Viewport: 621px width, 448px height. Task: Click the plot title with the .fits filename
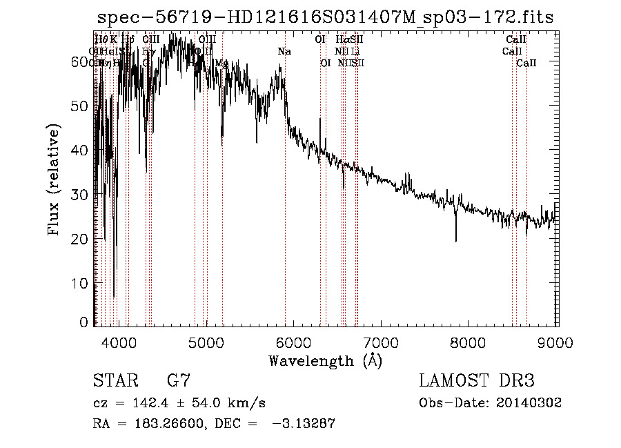pyautogui.click(x=325, y=18)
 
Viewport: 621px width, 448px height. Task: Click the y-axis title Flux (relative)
pyautogui.click(x=54, y=179)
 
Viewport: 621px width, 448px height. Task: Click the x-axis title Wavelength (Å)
pyautogui.click(x=325, y=360)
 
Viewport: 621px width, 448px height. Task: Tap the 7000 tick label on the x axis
pyautogui.click(x=381, y=343)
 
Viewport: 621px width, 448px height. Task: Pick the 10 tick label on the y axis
pyautogui.click(x=81, y=283)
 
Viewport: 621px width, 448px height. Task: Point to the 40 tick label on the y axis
pyautogui.click(x=81, y=150)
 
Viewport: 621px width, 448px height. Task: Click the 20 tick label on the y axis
pyautogui.click(x=81, y=239)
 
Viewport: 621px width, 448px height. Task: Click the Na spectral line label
pyautogui.click(x=284, y=52)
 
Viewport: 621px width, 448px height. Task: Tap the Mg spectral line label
pyautogui.click(x=221, y=64)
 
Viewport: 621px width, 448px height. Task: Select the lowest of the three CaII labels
pyautogui.click(x=526, y=64)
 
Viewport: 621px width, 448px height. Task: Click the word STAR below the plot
pyautogui.click(x=115, y=381)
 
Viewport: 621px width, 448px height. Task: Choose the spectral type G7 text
pyautogui.click(x=179, y=381)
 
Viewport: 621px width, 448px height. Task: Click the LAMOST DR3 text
pyautogui.click(x=477, y=381)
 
